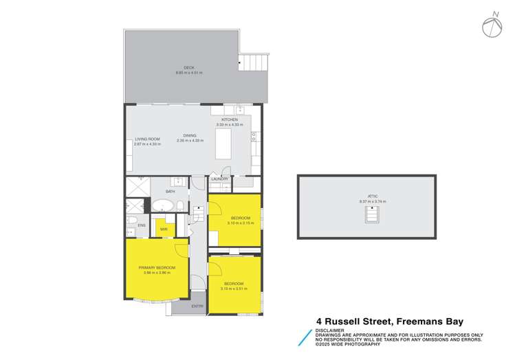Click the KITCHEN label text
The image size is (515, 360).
[x=229, y=120]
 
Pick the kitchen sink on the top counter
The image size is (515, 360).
[x=240, y=110]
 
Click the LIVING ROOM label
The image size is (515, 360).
[x=147, y=139]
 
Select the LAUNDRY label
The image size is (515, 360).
[x=220, y=179]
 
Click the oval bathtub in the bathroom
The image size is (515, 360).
[x=162, y=205]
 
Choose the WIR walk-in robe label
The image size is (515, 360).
[x=164, y=229]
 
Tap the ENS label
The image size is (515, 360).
[x=142, y=225]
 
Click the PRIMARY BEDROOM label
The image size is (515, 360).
[x=157, y=267]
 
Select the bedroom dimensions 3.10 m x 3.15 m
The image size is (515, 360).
[x=241, y=223]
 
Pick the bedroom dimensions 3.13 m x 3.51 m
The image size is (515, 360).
[x=234, y=289]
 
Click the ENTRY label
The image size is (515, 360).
[x=197, y=306]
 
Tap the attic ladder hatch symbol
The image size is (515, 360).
[x=372, y=216]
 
